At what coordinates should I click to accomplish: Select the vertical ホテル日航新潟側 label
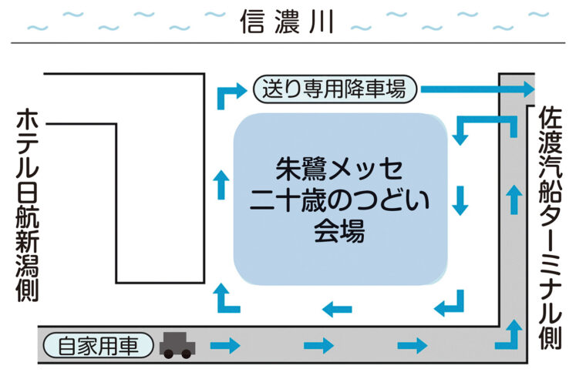click(x=28, y=205)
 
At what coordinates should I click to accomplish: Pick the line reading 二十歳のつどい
click(x=339, y=200)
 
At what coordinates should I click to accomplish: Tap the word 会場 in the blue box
click(x=339, y=230)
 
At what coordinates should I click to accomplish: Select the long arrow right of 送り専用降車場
click(x=477, y=89)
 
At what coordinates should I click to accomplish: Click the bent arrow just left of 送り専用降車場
click(x=228, y=96)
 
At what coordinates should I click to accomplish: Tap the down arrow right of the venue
click(x=460, y=200)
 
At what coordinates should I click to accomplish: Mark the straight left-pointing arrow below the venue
click(x=337, y=310)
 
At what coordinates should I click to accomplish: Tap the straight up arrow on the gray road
click(x=513, y=199)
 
